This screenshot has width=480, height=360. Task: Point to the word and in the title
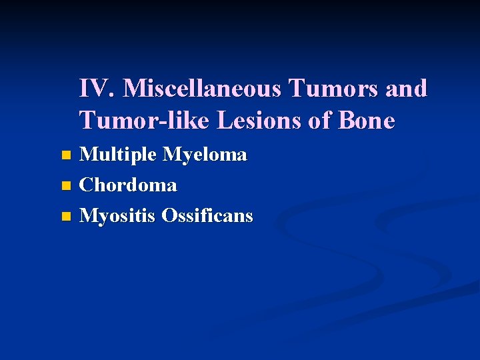coord(405,89)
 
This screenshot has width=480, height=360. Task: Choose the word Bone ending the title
coord(367,121)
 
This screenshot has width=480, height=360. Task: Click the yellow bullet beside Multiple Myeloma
coord(65,156)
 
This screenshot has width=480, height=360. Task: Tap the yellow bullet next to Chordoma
coord(65,186)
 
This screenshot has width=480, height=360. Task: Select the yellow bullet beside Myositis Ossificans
coord(65,217)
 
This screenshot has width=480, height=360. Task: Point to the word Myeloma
coord(205,155)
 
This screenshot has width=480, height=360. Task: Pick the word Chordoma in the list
coord(128,185)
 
